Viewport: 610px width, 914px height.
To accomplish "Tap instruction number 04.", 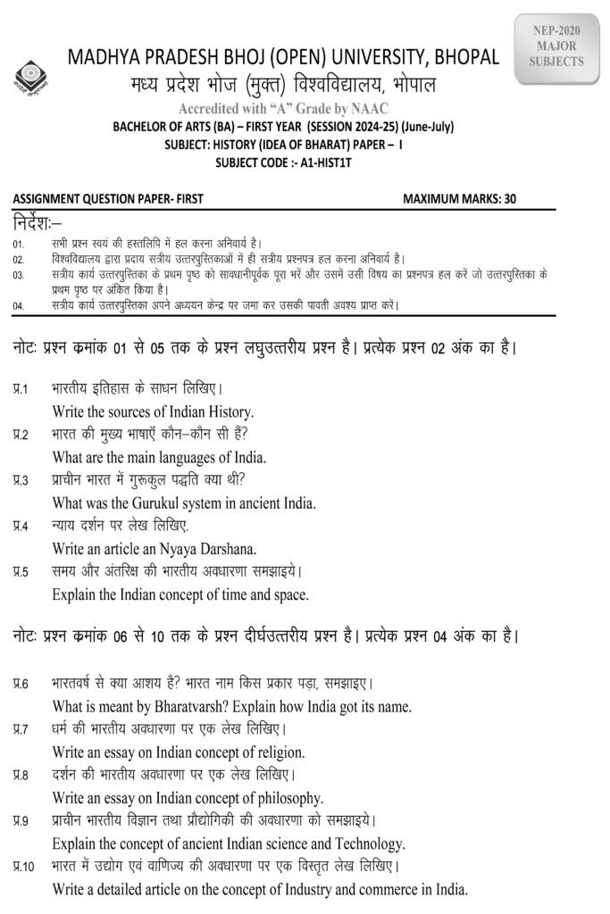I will point(18,306).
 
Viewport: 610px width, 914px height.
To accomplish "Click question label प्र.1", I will point(21,390).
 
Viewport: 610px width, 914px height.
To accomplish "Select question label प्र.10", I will point(24,866).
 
